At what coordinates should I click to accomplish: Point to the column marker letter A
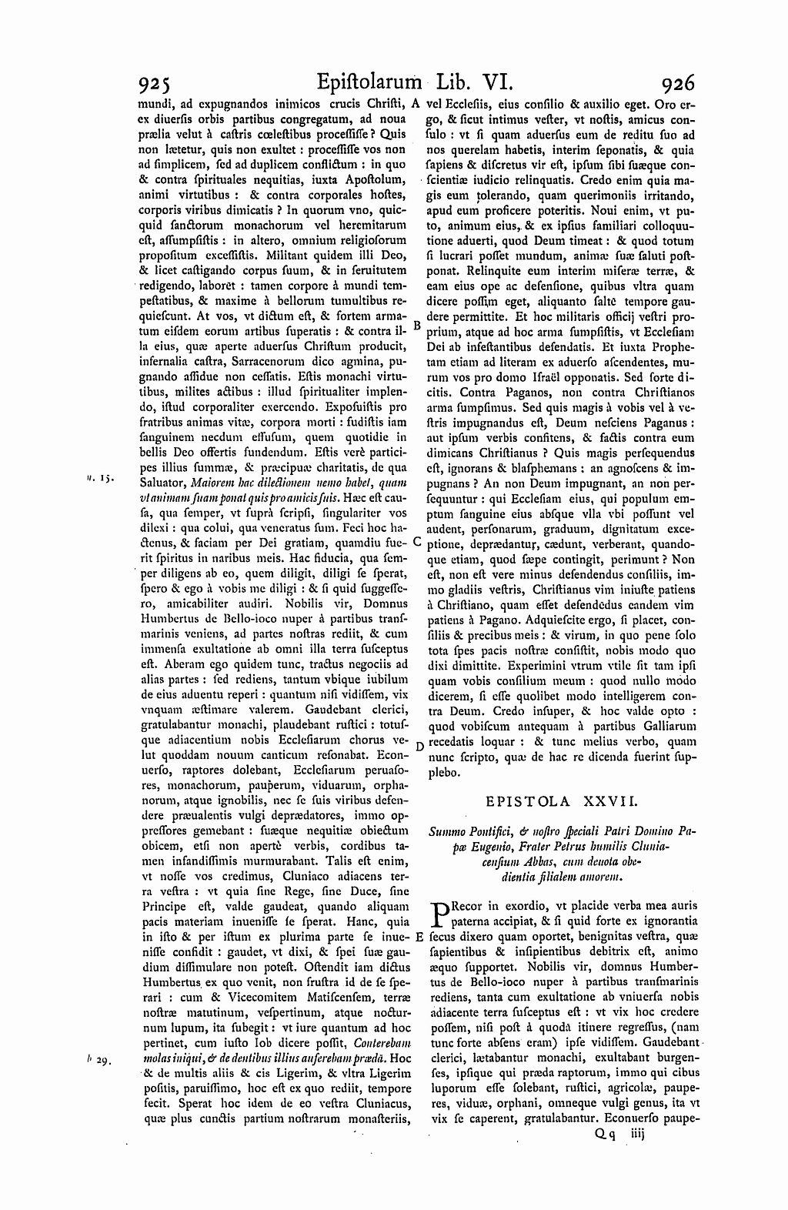[416, 102]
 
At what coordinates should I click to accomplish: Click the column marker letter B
[416, 326]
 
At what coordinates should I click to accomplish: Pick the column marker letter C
[416, 541]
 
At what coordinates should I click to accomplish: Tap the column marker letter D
[419, 745]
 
